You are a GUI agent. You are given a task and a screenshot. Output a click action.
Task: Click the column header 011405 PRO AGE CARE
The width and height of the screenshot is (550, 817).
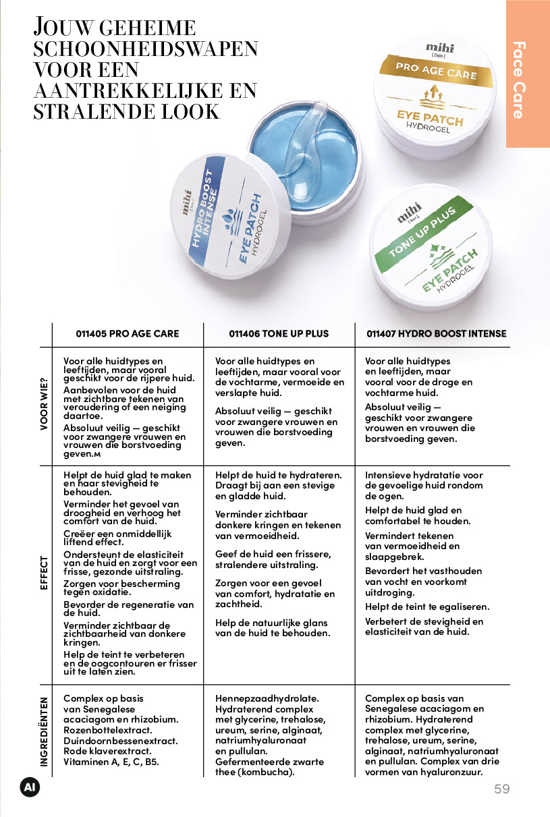coord(128,333)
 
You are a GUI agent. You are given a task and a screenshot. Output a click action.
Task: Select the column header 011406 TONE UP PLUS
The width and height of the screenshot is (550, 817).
coord(279,333)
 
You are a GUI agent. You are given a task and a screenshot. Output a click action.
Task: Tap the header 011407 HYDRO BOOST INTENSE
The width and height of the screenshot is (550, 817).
coord(436,333)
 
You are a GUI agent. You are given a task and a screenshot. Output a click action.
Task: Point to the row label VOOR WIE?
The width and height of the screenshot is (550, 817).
coord(44,404)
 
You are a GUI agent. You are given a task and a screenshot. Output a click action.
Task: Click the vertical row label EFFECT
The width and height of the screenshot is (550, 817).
coord(44,573)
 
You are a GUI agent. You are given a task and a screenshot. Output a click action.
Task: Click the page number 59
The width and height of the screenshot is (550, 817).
coord(502,789)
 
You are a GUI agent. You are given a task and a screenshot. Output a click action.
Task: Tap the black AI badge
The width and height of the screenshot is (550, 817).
coord(30,788)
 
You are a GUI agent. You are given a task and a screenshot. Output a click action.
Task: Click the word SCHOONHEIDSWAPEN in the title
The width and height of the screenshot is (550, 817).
coord(146,49)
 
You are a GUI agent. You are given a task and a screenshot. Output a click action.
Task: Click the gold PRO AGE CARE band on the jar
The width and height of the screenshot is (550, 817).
coord(436,71)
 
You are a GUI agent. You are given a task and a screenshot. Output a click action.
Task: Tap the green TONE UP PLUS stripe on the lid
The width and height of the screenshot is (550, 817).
coord(423,233)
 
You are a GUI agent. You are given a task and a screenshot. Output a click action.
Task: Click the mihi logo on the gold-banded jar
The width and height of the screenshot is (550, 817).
coord(439,47)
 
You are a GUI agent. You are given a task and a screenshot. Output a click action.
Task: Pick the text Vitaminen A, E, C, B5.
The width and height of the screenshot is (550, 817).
coord(111,762)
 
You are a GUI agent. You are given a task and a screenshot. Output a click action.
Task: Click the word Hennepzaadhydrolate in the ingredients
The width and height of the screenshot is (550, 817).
coord(267,698)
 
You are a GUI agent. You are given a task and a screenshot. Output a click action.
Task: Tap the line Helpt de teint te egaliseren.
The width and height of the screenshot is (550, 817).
coord(427,607)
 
